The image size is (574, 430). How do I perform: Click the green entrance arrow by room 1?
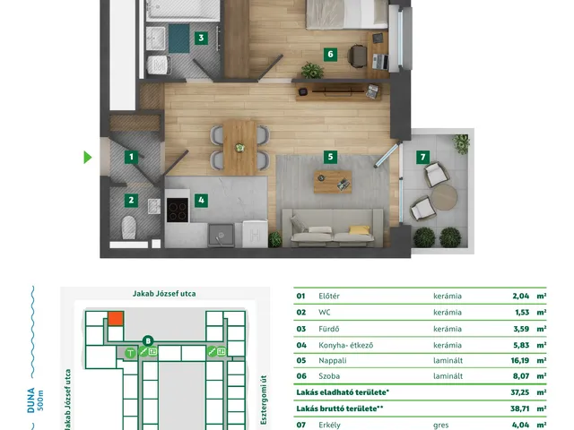click(88, 158)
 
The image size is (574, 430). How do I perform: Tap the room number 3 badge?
click(201, 38)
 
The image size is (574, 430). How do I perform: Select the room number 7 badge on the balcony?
click(422, 158)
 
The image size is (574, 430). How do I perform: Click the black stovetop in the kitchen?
click(178, 210)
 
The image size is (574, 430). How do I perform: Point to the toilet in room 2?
click(128, 228)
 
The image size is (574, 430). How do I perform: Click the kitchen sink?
click(221, 235)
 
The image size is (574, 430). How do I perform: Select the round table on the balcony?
click(444, 197)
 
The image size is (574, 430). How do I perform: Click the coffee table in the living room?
click(333, 182)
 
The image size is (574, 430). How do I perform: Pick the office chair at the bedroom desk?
click(357, 56)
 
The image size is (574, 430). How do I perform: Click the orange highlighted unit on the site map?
click(116, 319)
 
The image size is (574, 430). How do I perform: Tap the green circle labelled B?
click(148, 341)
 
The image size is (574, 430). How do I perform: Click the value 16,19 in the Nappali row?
click(520, 360)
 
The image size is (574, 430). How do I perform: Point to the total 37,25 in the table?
click(520, 392)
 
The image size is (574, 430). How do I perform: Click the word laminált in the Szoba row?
click(448, 376)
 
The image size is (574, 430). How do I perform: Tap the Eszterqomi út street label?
click(264, 400)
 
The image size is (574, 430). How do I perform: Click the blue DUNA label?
click(31, 400)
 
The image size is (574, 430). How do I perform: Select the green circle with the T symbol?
click(130, 353)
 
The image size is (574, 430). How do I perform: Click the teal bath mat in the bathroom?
click(179, 39)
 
